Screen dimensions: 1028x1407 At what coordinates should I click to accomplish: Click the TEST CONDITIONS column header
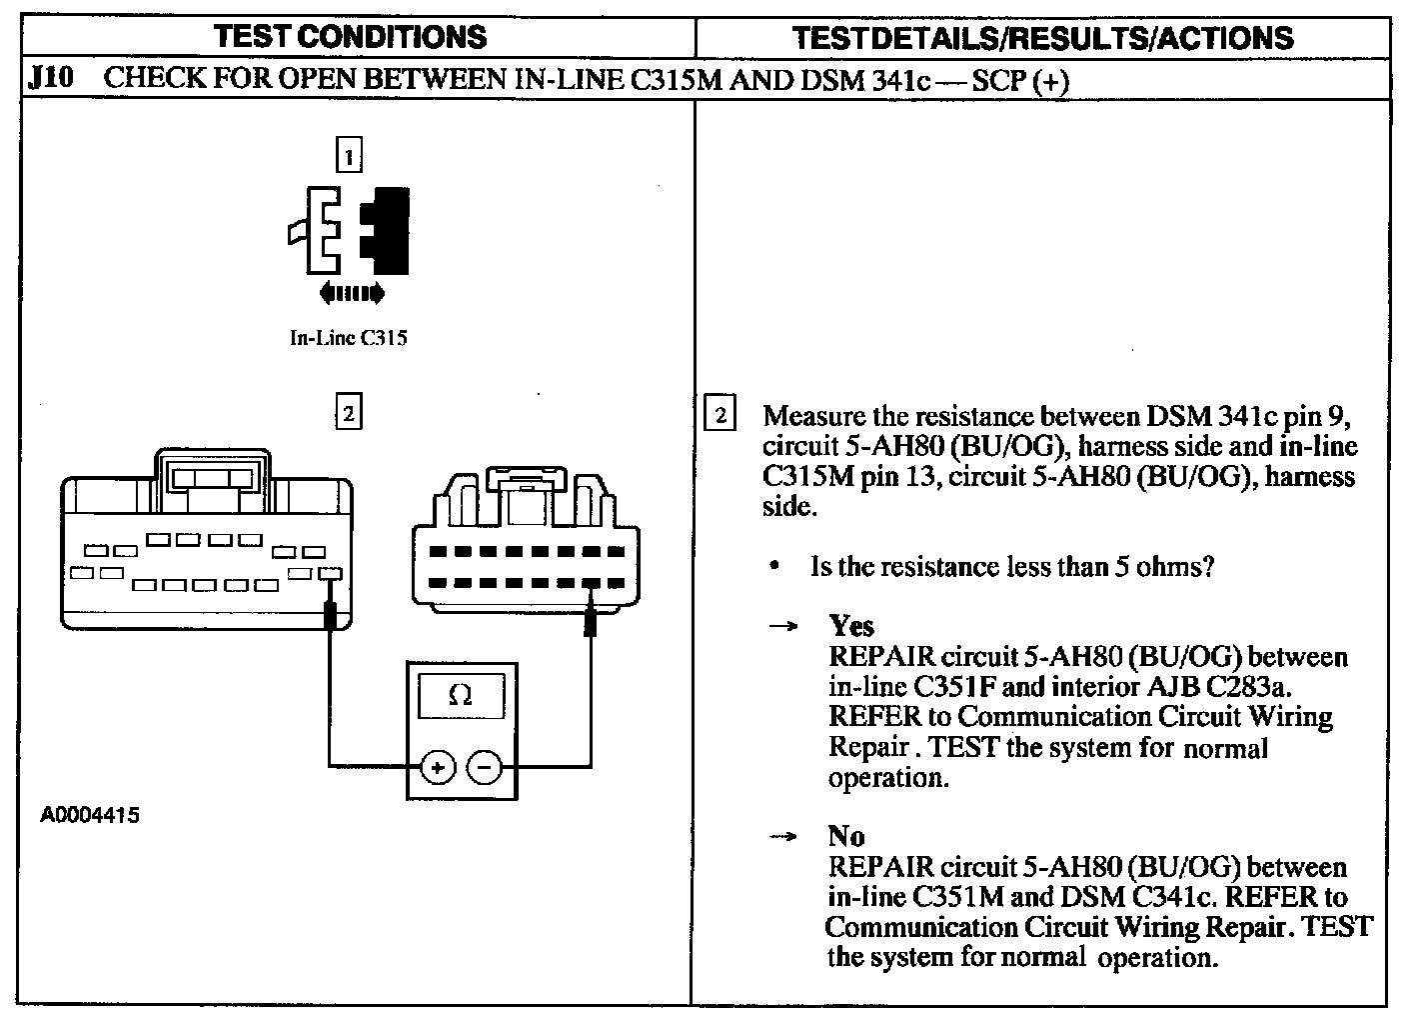click(351, 37)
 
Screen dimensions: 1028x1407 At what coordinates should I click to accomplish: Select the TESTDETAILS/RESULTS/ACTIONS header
click(1042, 38)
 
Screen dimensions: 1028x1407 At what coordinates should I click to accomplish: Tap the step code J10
click(50, 78)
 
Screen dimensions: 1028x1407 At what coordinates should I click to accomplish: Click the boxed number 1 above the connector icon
click(348, 156)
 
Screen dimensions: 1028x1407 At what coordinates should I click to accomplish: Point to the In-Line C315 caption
click(348, 338)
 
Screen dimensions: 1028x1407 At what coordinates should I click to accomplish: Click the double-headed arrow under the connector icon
click(350, 293)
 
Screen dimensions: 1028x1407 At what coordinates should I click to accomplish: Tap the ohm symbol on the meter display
click(461, 694)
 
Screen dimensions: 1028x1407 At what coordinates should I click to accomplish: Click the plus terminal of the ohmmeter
click(437, 768)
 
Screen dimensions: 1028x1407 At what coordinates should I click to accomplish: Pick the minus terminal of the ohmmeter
click(485, 768)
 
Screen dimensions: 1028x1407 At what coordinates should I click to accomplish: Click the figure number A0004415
click(90, 815)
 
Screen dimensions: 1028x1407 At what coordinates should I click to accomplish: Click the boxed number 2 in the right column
click(720, 414)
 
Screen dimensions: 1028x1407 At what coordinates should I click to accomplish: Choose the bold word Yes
click(851, 626)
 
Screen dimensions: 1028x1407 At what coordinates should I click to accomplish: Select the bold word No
click(846, 835)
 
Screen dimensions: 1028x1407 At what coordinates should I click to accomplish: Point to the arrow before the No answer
click(783, 836)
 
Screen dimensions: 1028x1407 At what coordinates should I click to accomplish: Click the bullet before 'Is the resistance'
click(774, 567)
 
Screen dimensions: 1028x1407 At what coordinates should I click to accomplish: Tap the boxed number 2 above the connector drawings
click(348, 412)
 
